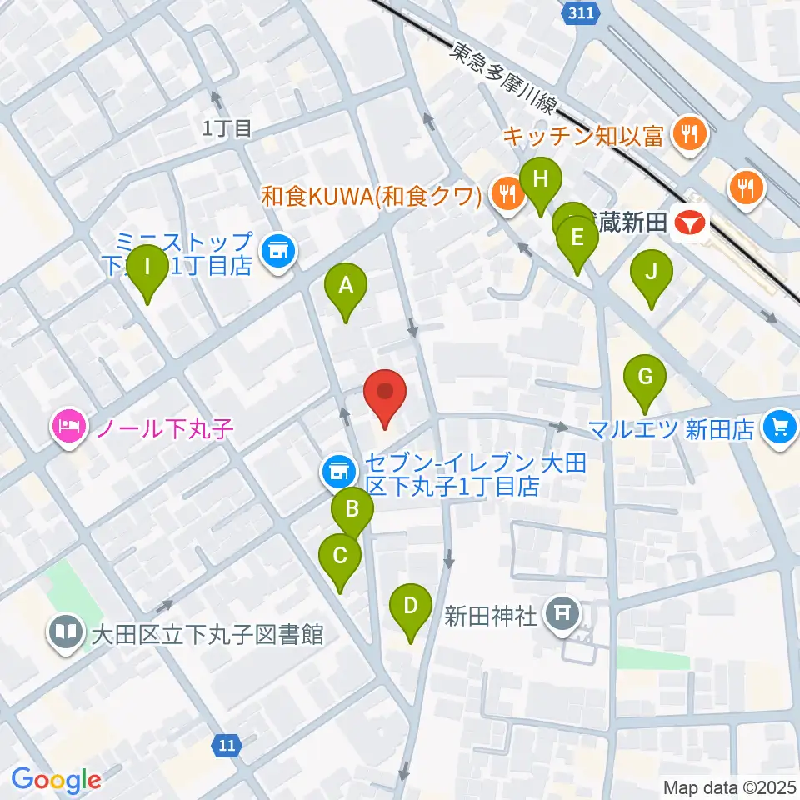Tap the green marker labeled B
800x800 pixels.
coord(352,509)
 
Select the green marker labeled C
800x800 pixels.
coord(339,556)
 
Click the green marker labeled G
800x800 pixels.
coord(645,377)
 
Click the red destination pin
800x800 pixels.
coord(385,392)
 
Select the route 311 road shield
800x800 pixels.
coord(577,13)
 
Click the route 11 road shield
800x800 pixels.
coord(227,744)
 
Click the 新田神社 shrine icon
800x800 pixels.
coord(562,615)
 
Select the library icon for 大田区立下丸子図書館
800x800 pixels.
coord(64,632)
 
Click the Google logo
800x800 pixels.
coord(57,779)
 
